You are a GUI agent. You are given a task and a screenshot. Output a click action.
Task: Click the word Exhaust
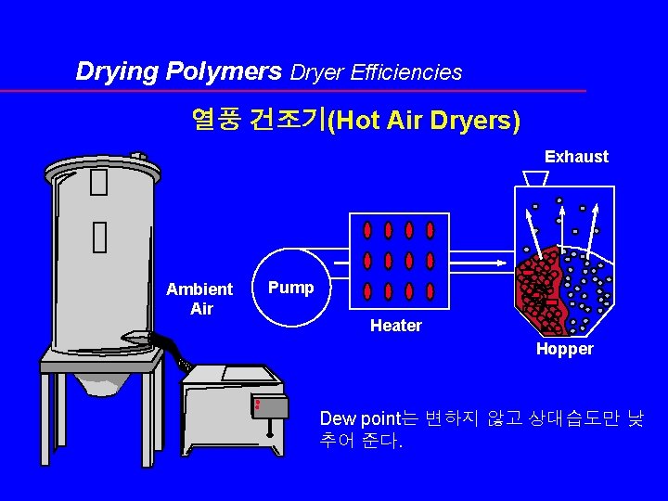pos(576,157)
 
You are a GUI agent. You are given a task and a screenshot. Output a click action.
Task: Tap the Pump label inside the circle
pos(291,288)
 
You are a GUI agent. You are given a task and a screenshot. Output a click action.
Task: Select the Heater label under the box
pos(395,326)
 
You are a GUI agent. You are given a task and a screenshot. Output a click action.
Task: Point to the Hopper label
pos(564,349)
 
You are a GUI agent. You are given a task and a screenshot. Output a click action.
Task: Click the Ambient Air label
pos(199,299)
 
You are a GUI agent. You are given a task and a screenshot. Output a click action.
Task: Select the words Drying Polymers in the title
pos(179,71)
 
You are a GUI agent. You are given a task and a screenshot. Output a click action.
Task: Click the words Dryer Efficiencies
pos(377,72)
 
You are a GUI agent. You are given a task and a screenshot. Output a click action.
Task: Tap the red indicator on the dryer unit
pos(257,404)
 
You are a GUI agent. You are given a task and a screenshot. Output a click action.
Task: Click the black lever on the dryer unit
pos(269,429)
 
